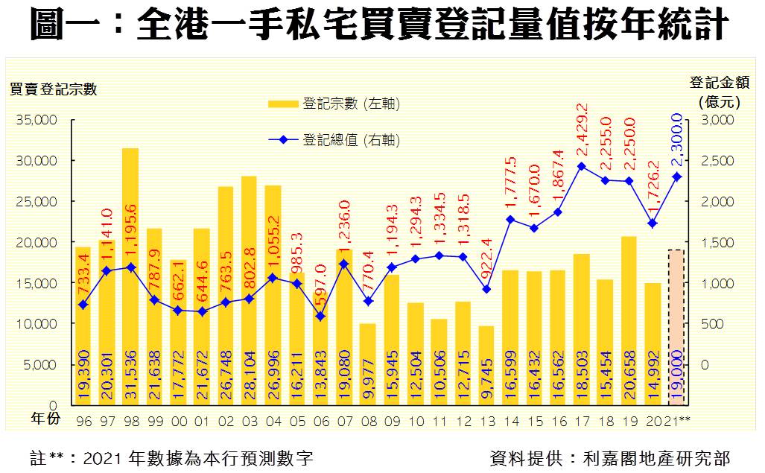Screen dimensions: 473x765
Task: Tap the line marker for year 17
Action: point(582,166)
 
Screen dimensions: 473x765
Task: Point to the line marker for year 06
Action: point(320,316)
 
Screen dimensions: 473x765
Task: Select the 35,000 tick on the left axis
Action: point(36,120)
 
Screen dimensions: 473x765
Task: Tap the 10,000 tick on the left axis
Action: point(36,324)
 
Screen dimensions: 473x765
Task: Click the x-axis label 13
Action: point(486,422)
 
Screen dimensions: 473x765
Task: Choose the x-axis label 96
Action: point(83,422)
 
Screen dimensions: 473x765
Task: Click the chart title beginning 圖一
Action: point(379,25)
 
